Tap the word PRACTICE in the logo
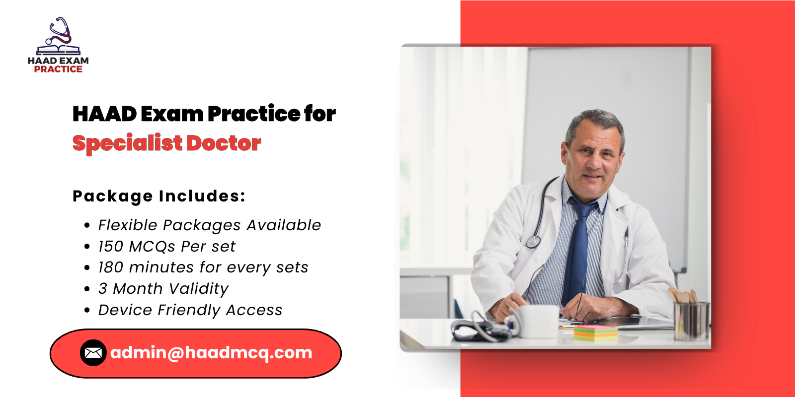(58, 69)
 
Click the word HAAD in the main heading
(104, 114)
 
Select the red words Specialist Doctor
(166, 143)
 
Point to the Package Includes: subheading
(159, 196)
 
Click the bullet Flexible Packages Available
(209, 225)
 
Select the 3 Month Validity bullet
(163, 289)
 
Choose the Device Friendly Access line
(190, 310)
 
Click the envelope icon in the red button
(93, 353)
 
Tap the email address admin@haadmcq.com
(211, 353)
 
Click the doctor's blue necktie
(578, 248)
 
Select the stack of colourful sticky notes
(595, 332)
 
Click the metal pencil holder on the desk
(691, 320)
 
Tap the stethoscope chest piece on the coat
(533, 242)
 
